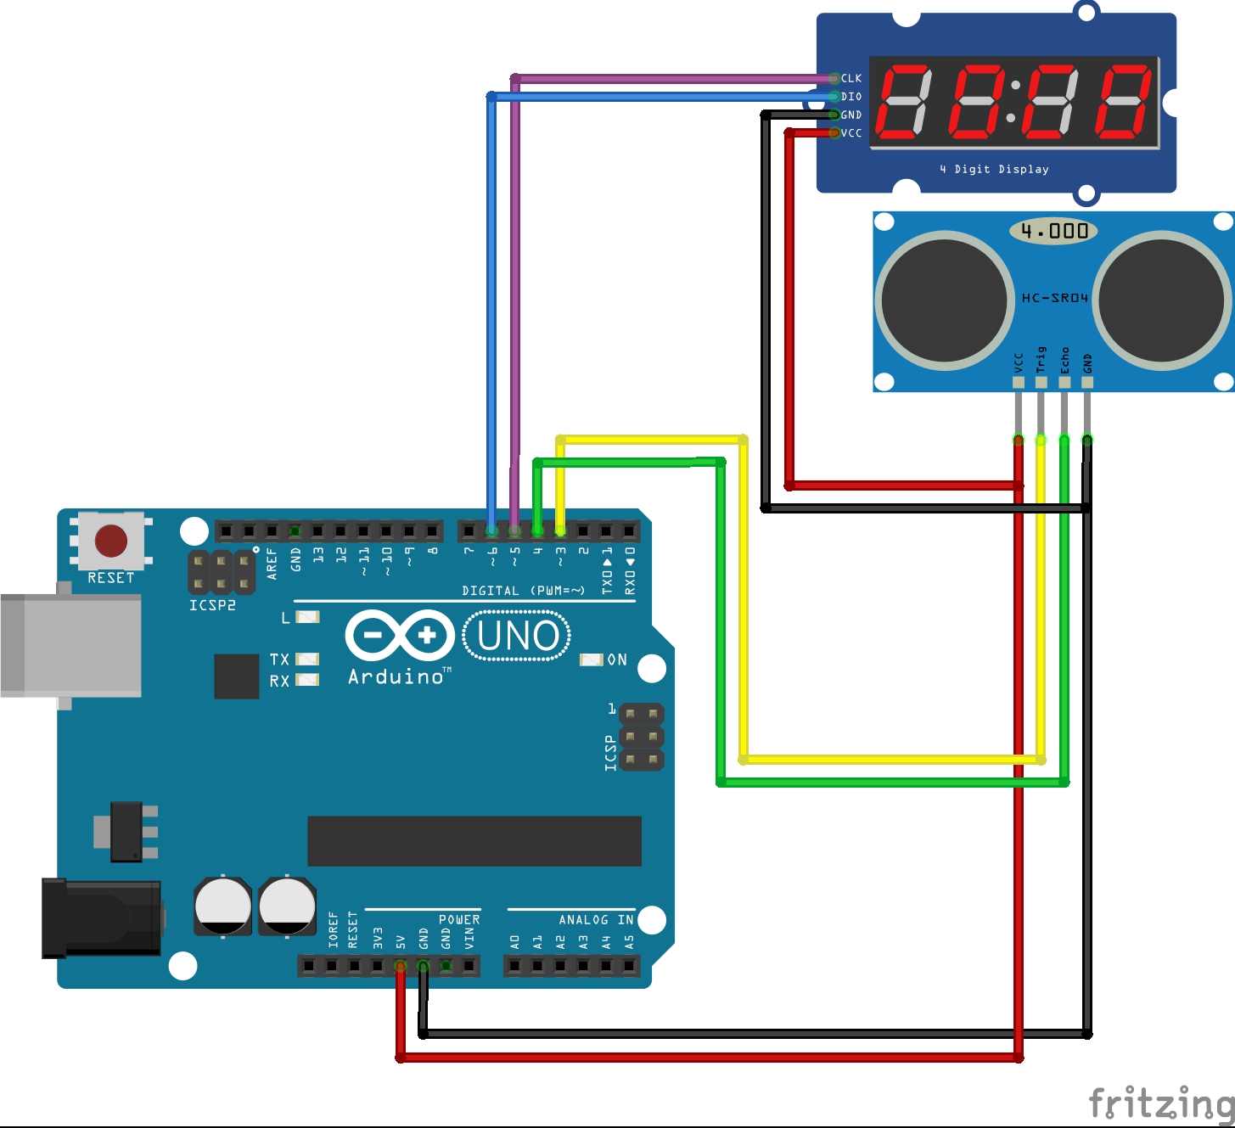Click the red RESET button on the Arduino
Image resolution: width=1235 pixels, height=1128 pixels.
111,541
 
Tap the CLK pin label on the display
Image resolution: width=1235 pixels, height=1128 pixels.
851,78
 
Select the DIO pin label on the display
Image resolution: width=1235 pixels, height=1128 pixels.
851,97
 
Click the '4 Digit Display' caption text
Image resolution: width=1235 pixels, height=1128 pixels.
994,169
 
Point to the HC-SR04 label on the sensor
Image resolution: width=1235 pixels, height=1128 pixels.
1054,298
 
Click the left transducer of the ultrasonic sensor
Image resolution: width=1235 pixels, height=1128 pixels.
944,300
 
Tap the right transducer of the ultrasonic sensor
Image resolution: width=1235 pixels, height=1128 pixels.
1162,300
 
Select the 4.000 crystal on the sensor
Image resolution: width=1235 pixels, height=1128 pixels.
1053,231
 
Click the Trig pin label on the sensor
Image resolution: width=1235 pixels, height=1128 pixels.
1041,359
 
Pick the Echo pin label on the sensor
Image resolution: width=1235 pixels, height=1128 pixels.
1064,360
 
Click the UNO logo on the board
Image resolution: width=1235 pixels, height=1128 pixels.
517,636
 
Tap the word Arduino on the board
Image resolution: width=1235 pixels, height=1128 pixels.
396,676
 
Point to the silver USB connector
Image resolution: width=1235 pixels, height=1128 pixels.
71,645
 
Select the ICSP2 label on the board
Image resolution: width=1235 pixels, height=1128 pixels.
212,605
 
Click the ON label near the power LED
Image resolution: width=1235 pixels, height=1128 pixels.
617,659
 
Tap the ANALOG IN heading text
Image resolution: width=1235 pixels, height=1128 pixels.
596,920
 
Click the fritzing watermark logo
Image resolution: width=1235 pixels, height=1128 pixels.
1160,1103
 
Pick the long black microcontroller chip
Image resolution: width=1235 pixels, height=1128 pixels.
474,841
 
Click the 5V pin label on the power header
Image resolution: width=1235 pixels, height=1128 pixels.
401,941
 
